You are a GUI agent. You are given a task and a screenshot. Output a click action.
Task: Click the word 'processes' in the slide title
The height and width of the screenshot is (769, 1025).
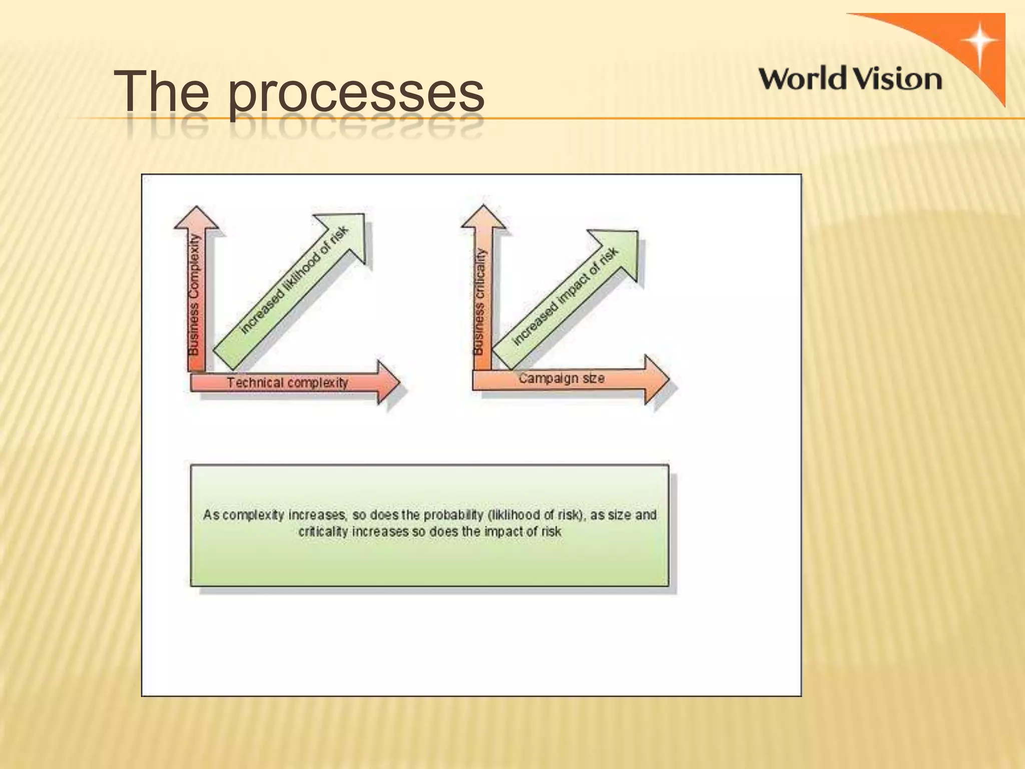click(x=356, y=93)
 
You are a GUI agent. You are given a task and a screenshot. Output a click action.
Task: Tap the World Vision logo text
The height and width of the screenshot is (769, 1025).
click(x=850, y=80)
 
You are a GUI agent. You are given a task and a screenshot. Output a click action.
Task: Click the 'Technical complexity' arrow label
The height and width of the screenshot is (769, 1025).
click(x=287, y=383)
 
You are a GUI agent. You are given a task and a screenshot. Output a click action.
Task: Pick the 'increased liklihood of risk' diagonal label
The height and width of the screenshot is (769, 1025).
click(x=294, y=279)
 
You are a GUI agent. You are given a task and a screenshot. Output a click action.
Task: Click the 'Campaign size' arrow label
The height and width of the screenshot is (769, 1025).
click(x=561, y=378)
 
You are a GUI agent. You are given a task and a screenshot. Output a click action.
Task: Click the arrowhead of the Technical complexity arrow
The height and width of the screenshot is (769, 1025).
click(x=388, y=382)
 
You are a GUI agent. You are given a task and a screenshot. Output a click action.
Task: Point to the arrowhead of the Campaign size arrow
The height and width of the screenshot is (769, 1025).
click(x=656, y=379)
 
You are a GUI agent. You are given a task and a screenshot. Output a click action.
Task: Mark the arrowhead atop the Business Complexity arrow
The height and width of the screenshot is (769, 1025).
click(x=196, y=217)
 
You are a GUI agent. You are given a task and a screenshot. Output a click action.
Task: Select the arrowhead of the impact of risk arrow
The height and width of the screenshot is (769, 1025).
click(x=619, y=250)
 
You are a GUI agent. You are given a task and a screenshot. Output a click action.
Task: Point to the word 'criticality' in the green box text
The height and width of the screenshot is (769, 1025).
click(x=322, y=531)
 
